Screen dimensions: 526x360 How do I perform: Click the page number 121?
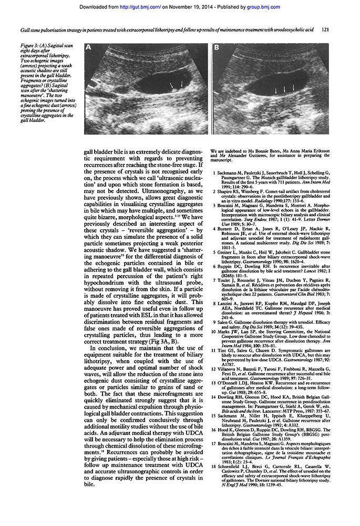[x=326, y=30]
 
